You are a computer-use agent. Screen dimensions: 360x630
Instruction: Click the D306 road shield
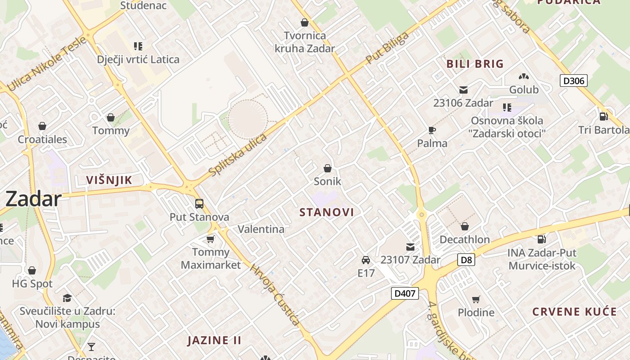coord(574,81)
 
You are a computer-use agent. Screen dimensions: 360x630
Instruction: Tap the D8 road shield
coord(467,260)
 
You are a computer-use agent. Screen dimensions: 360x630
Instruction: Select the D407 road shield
coord(405,294)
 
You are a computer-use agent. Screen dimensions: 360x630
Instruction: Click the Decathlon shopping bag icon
coord(465,226)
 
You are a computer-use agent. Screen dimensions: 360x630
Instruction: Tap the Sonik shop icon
coord(328,169)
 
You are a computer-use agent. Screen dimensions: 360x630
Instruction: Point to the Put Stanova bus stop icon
coord(199,204)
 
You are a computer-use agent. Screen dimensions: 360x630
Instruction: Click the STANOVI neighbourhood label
coord(327,212)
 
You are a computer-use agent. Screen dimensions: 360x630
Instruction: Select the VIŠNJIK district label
coord(109,180)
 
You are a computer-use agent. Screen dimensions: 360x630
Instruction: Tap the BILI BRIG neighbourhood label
coord(475,64)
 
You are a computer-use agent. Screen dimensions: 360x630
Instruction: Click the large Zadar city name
coord(33,199)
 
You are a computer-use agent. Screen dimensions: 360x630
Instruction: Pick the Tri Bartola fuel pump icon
coord(604,117)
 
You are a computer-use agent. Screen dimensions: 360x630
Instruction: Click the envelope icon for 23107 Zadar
coord(410,247)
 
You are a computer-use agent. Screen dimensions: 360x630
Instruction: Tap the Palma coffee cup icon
coord(432,130)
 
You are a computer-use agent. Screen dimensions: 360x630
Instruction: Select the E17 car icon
coord(366,260)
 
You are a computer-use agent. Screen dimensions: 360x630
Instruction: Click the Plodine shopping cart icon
coord(476,299)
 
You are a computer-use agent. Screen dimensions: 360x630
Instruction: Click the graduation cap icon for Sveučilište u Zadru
coord(67,298)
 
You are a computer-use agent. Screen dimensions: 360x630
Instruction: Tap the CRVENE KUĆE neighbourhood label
coord(574,312)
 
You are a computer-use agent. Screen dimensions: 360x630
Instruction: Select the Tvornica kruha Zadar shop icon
coord(305,22)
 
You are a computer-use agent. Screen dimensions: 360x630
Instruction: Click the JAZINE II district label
coord(214,340)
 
